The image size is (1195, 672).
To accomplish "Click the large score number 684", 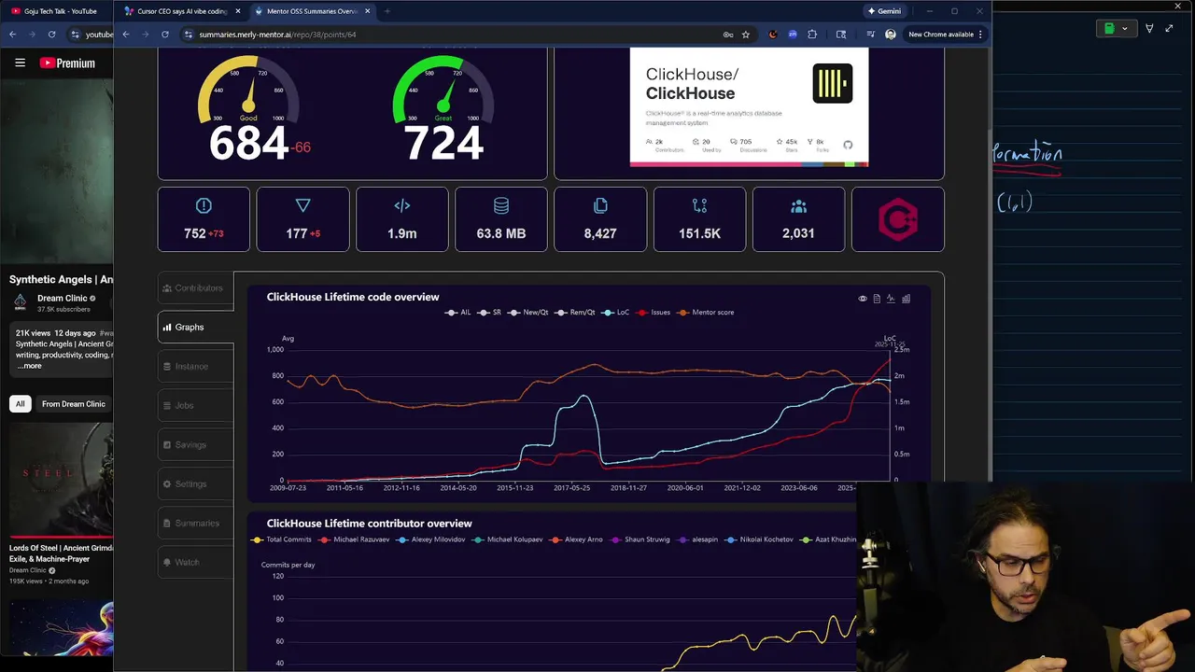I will (248, 144).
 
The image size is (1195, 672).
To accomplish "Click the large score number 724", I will (443, 144).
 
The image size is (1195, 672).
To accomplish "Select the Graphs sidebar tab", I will (195, 327).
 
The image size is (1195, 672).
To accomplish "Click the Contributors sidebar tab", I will (195, 287).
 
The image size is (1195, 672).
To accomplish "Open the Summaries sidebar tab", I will (195, 523).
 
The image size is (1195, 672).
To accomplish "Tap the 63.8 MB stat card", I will (501, 219).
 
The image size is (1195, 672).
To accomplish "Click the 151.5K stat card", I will (699, 219).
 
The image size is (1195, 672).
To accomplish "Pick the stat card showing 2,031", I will (798, 219).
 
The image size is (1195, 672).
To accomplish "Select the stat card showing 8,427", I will (600, 219).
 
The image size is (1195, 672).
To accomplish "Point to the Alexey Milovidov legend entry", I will (432, 539).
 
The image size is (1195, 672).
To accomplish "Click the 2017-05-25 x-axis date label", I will (571, 487).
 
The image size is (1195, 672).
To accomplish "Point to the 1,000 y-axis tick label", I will (274, 350).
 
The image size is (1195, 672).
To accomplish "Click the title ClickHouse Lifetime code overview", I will (353, 297).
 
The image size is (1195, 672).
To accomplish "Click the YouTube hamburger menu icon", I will (20, 63).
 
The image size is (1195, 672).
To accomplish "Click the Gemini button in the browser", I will (884, 11).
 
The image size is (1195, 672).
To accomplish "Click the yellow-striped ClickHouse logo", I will (832, 83).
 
